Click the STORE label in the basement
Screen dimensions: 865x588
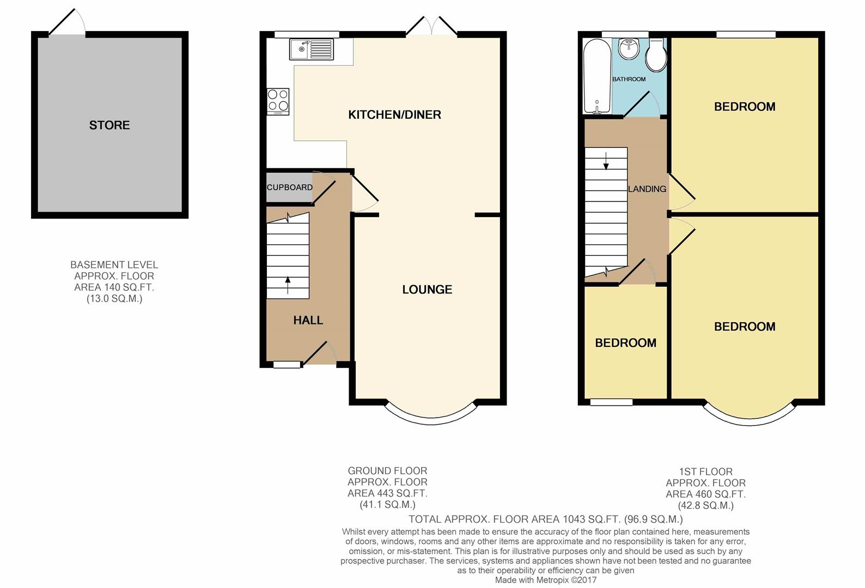point(109,125)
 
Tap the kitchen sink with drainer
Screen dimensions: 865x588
point(312,49)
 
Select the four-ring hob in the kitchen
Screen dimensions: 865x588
point(278,102)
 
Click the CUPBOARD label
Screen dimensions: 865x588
point(290,187)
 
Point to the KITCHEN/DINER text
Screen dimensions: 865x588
point(395,115)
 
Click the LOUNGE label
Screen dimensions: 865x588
point(427,290)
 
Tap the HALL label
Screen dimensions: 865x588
point(308,320)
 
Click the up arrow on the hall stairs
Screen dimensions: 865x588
point(288,285)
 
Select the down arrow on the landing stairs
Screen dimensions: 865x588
point(606,161)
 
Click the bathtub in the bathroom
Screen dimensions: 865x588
point(597,76)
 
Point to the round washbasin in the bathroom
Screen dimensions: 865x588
point(629,49)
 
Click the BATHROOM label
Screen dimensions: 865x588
point(629,79)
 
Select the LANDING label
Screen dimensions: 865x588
point(647,189)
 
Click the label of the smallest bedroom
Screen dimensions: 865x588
point(625,343)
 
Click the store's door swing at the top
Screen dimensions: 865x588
point(67,22)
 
